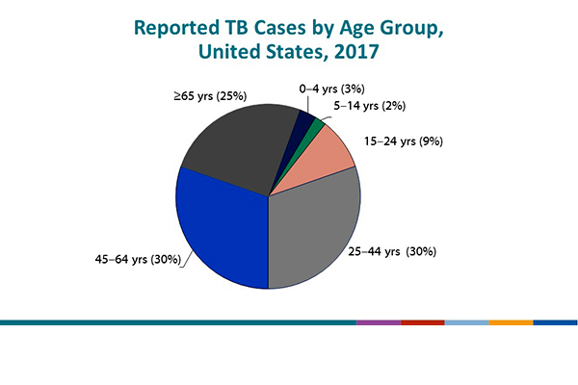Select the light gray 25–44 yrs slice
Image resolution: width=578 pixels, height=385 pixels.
click(x=313, y=236)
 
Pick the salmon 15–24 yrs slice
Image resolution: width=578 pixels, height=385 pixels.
click(x=333, y=153)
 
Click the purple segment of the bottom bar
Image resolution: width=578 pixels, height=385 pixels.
click(x=378, y=321)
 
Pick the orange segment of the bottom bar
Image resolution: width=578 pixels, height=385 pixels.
click(x=511, y=321)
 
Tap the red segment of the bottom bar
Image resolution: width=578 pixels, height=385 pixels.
click(x=422, y=321)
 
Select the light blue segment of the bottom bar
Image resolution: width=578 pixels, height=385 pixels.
click(x=466, y=321)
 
